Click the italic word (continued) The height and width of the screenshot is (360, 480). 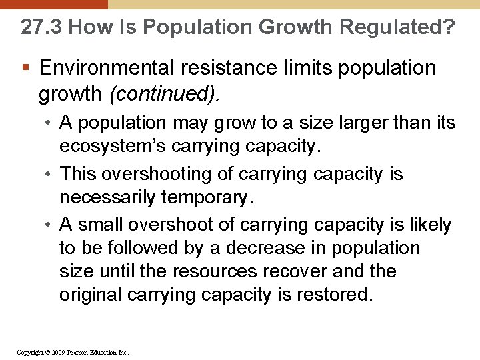(164, 94)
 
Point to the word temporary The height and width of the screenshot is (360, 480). (213, 197)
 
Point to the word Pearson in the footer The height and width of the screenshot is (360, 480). (81, 352)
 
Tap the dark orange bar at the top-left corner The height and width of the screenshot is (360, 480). (53, 4)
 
